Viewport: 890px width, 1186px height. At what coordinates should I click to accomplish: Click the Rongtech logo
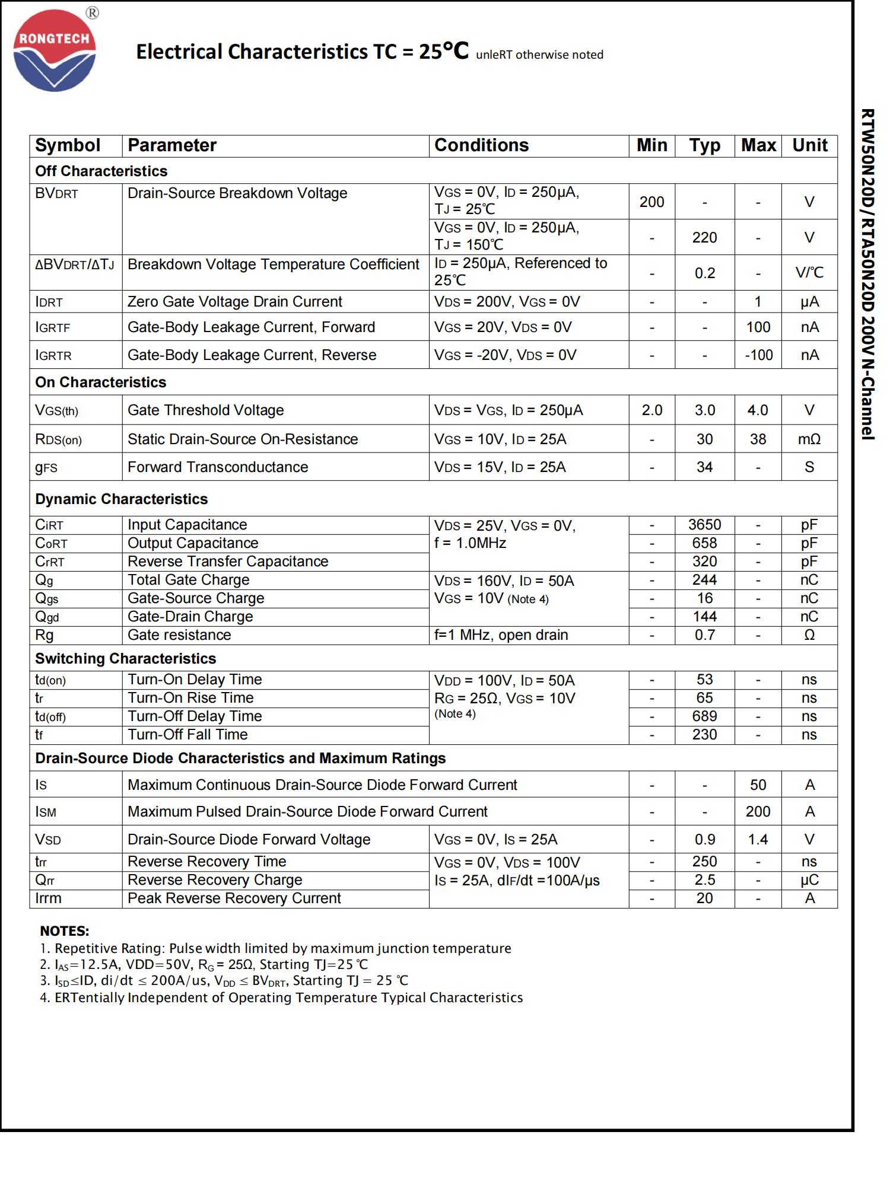(55, 52)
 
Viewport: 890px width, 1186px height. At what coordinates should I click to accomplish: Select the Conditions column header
(481, 145)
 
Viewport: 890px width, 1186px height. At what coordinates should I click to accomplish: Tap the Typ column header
(704, 145)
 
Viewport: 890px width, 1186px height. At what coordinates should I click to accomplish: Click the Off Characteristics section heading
(101, 171)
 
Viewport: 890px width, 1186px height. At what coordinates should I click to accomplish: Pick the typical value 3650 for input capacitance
(704, 525)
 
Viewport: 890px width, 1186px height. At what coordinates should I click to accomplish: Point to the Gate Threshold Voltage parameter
(205, 410)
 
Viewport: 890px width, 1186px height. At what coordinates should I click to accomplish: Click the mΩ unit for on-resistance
(809, 439)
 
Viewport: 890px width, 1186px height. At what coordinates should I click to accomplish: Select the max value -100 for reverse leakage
(758, 355)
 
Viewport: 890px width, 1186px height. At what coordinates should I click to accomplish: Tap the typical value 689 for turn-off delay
(704, 716)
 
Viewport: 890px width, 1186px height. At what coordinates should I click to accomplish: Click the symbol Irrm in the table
(48, 898)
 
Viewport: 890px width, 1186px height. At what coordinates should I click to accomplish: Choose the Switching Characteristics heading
(125, 659)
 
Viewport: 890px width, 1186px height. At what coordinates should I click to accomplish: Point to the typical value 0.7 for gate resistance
(704, 635)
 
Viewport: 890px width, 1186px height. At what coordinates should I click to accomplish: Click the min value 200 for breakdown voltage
(651, 202)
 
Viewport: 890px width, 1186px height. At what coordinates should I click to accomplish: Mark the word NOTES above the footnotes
(64, 931)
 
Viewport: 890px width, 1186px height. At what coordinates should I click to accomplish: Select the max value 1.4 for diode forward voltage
(758, 840)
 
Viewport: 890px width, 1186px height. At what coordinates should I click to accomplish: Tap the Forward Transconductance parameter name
(218, 467)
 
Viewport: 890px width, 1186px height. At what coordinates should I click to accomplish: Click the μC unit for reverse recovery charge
(809, 880)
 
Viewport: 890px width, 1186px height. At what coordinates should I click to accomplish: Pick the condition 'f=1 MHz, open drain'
(501, 635)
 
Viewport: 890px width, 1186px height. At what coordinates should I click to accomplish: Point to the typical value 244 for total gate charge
(704, 580)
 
